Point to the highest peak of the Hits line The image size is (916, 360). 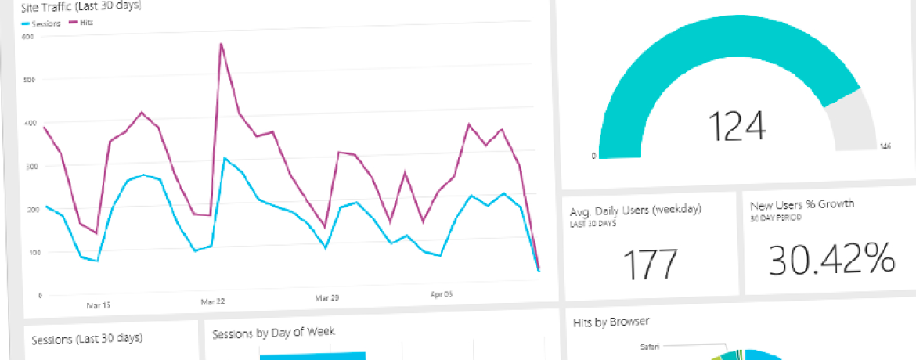coord(222,44)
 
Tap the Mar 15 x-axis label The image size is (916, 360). coord(97,304)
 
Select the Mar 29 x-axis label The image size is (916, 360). coord(326,298)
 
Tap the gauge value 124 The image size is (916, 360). coord(737,125)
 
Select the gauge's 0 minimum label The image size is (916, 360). coord(593,156)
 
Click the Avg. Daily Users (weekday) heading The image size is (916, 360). coord(637,210)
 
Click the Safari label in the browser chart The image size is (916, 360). coord(650,347)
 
